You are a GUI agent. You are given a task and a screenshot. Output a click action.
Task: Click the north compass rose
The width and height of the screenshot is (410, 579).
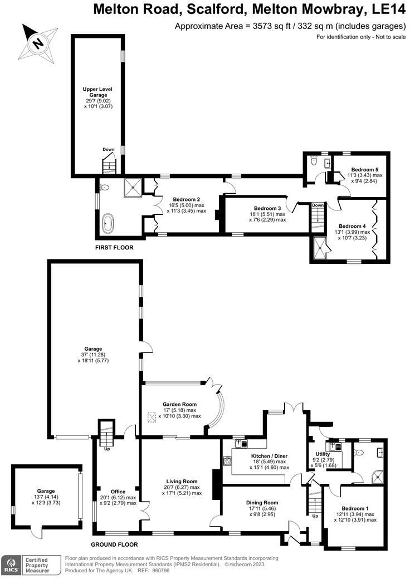tap(38, 41)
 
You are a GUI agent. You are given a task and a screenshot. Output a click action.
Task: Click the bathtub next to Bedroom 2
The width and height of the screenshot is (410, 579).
tap(108, 225)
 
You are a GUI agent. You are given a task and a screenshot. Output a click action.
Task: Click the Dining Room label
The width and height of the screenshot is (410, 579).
tap(262, 502)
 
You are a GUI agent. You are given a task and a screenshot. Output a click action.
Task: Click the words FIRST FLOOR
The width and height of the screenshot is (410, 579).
tap(115, 247)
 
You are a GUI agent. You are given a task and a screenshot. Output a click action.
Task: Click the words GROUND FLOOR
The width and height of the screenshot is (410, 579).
tap(114, 544)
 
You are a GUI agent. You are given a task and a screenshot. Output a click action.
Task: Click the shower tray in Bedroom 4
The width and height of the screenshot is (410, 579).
tap(321, 246)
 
